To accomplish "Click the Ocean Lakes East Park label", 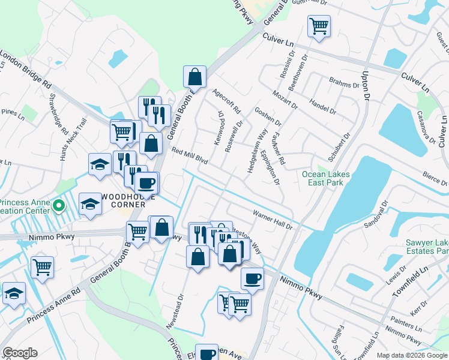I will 325,179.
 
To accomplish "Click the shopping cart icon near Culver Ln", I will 319,26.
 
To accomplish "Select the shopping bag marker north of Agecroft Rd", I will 194,76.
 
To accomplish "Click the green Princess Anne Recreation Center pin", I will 58,206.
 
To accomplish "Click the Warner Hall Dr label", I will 271,220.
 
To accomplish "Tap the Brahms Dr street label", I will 343,82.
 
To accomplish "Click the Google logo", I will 20,353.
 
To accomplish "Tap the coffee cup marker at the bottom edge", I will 208,353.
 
